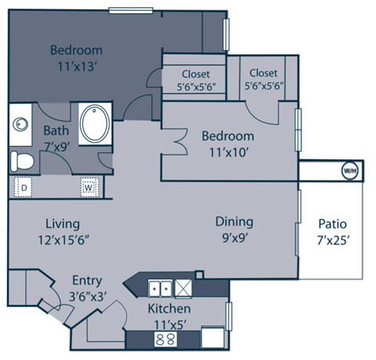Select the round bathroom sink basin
19,124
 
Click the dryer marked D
24,188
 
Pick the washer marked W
89,188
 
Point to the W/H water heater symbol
348,169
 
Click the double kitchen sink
161,286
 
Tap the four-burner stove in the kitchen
165,340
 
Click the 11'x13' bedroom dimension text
77,67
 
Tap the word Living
62,224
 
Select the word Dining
234,221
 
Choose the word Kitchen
170,307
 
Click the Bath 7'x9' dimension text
58,145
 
